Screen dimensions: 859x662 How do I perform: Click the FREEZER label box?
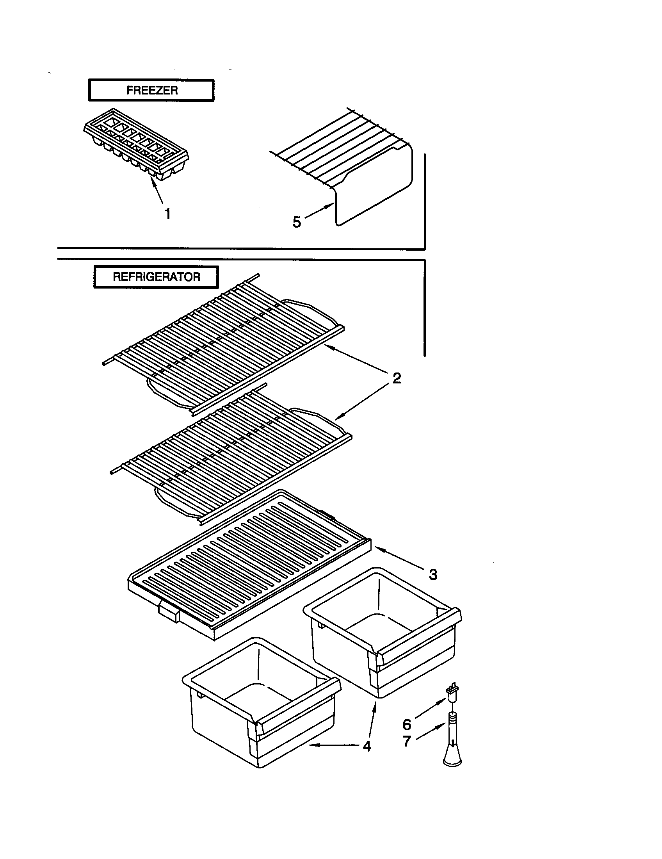pos(151,91)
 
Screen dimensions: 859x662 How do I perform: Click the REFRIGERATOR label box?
pos(156,277)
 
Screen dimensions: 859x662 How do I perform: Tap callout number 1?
pos(167,214)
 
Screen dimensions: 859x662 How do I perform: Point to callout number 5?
pos(297,222)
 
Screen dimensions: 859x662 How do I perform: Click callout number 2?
pos(397,378)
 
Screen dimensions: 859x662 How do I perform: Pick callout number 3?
pos(433,575)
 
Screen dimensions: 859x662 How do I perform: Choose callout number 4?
pos(367,746)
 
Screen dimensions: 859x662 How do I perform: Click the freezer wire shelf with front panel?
pos(354,169)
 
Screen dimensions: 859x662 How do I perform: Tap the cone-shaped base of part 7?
pos(452,755)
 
